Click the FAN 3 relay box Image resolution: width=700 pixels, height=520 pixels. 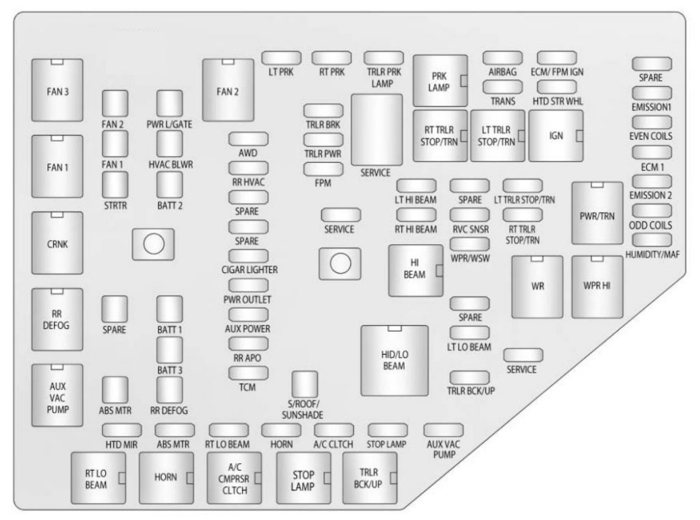pos(57,90)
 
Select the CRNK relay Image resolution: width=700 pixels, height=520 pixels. pos(57,243)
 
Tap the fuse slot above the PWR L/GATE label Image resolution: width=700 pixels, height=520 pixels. pos(170,103)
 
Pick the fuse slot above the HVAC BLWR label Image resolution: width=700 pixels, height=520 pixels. pos(170,144)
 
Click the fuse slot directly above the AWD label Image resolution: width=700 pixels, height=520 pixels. pos(248,139)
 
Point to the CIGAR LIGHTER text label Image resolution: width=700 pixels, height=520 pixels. pos(250,270)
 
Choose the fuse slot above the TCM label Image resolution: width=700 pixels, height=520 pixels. pos(248,373)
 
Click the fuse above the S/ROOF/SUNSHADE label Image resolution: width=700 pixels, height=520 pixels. pos(304,385)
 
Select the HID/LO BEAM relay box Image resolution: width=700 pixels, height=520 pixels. pos(394,361)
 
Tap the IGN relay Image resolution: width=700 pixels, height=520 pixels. pos(556,135)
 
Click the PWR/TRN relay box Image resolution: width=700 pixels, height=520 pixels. pos(597,213)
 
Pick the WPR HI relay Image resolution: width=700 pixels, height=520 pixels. pos(597,287)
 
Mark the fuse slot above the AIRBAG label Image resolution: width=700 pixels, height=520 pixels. pos(502,58)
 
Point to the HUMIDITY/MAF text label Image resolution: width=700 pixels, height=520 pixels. pos(652,255)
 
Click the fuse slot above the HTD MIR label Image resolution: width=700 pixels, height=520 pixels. pos(122,430)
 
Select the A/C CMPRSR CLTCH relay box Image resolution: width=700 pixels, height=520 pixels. pos(234,478)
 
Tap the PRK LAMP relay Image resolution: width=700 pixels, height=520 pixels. pos(440,81)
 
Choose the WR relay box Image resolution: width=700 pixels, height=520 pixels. pos(537,287)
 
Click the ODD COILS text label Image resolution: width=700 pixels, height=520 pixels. pos(650,225)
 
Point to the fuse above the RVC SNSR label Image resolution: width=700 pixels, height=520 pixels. pos(470,215)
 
